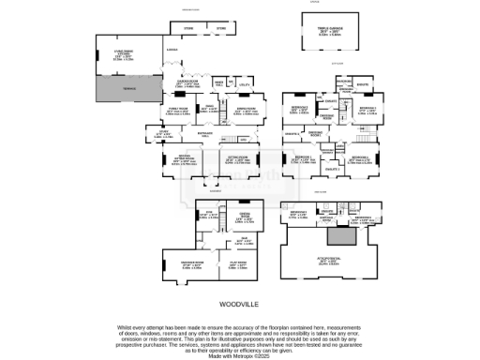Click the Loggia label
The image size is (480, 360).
tap(172, 48)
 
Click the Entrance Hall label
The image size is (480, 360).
tap(203, 136)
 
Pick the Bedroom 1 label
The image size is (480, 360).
tap(304, 158)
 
